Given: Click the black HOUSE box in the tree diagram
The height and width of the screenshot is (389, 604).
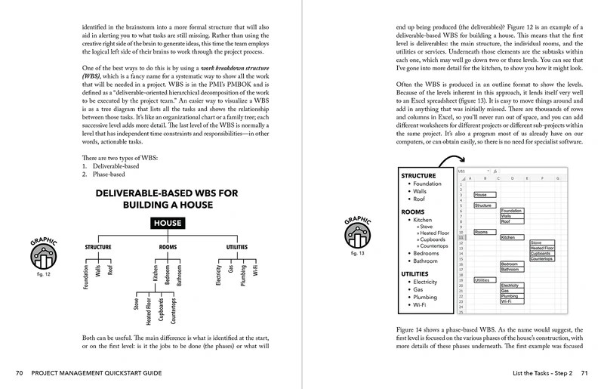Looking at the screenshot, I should (x=168, y=223).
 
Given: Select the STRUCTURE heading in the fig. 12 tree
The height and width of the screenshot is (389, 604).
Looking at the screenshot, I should (x=98, y=247).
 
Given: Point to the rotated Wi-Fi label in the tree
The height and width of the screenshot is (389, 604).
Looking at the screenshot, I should (x=255, y=270).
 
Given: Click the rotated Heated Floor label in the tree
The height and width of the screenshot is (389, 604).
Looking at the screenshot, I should (x=149, y=313).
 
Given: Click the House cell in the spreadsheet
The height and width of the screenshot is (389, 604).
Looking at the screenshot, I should (x=480, y=195).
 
